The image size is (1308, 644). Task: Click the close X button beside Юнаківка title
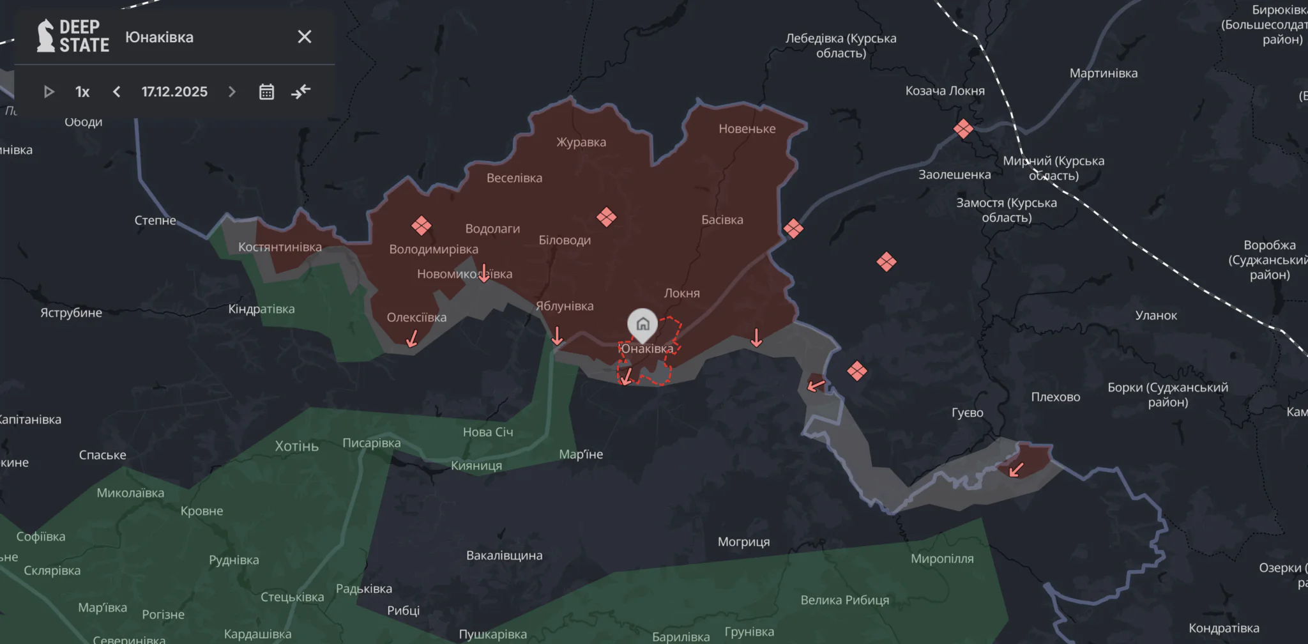tap(305, 37)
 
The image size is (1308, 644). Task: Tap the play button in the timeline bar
tap(49, 92)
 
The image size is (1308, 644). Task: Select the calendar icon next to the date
tap(266, 92)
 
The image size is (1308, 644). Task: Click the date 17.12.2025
tap(174, 92)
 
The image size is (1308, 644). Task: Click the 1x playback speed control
tap(82, 92)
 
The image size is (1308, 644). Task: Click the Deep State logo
tap(73, 36)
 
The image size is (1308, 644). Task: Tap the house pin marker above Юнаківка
tap(643, 324)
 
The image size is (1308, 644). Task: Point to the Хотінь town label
tap(296, 446)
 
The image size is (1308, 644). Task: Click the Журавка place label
tap(581, 142)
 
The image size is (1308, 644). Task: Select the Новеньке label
tap(747, 128)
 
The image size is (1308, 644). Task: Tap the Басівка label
tap(722, 220)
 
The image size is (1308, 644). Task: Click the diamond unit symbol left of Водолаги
tap(421, 225)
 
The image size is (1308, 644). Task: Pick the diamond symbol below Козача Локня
tap(963, 129)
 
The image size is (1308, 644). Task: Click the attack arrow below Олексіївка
tap(413, 338)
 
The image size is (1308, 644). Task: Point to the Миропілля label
tap(942, 558)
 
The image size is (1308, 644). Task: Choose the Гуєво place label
tap(967, 413)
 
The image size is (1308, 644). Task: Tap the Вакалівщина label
tap(504, 555)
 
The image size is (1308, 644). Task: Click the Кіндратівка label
tap(261, 309)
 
